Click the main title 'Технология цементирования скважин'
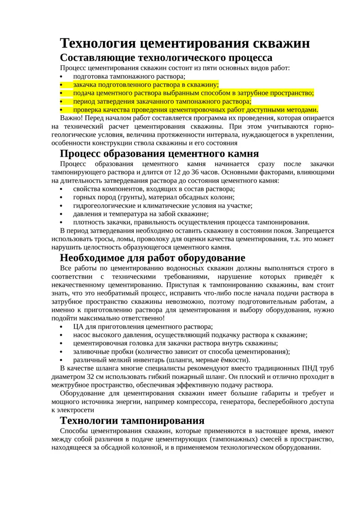coord(184,44)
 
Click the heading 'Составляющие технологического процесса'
coord(166,58)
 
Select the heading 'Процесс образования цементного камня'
coord(159,153)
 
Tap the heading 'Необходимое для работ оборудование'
coord(153,257)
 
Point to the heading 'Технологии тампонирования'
coord(132,420)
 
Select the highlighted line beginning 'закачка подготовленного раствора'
coord(146,85)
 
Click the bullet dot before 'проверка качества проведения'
coord(61,110)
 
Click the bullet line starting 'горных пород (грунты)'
coord(154,197)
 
